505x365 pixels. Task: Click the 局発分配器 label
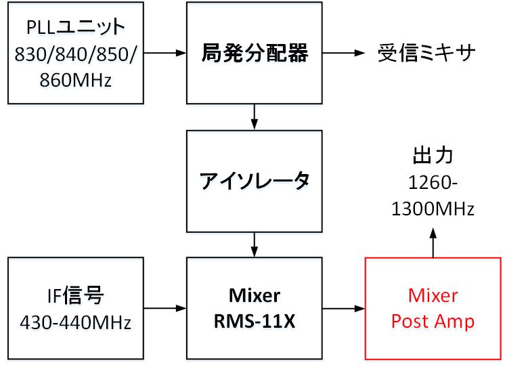coord(255,52)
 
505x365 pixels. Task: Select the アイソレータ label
coord(255,181)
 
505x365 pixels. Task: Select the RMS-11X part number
coord(255,321)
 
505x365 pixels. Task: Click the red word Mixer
coord(433,296)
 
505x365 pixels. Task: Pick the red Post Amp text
coord(433,321)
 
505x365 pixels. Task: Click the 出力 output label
coord(433,155)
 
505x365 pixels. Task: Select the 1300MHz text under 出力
coord(433,209)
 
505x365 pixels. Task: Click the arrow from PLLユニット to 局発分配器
coord(164,52)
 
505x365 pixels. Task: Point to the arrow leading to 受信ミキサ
coord(344,52)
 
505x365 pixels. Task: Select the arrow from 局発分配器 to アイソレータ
coord(255,116)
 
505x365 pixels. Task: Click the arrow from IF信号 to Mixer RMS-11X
coord(164,309)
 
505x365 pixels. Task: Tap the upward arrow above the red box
coord(433,242)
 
